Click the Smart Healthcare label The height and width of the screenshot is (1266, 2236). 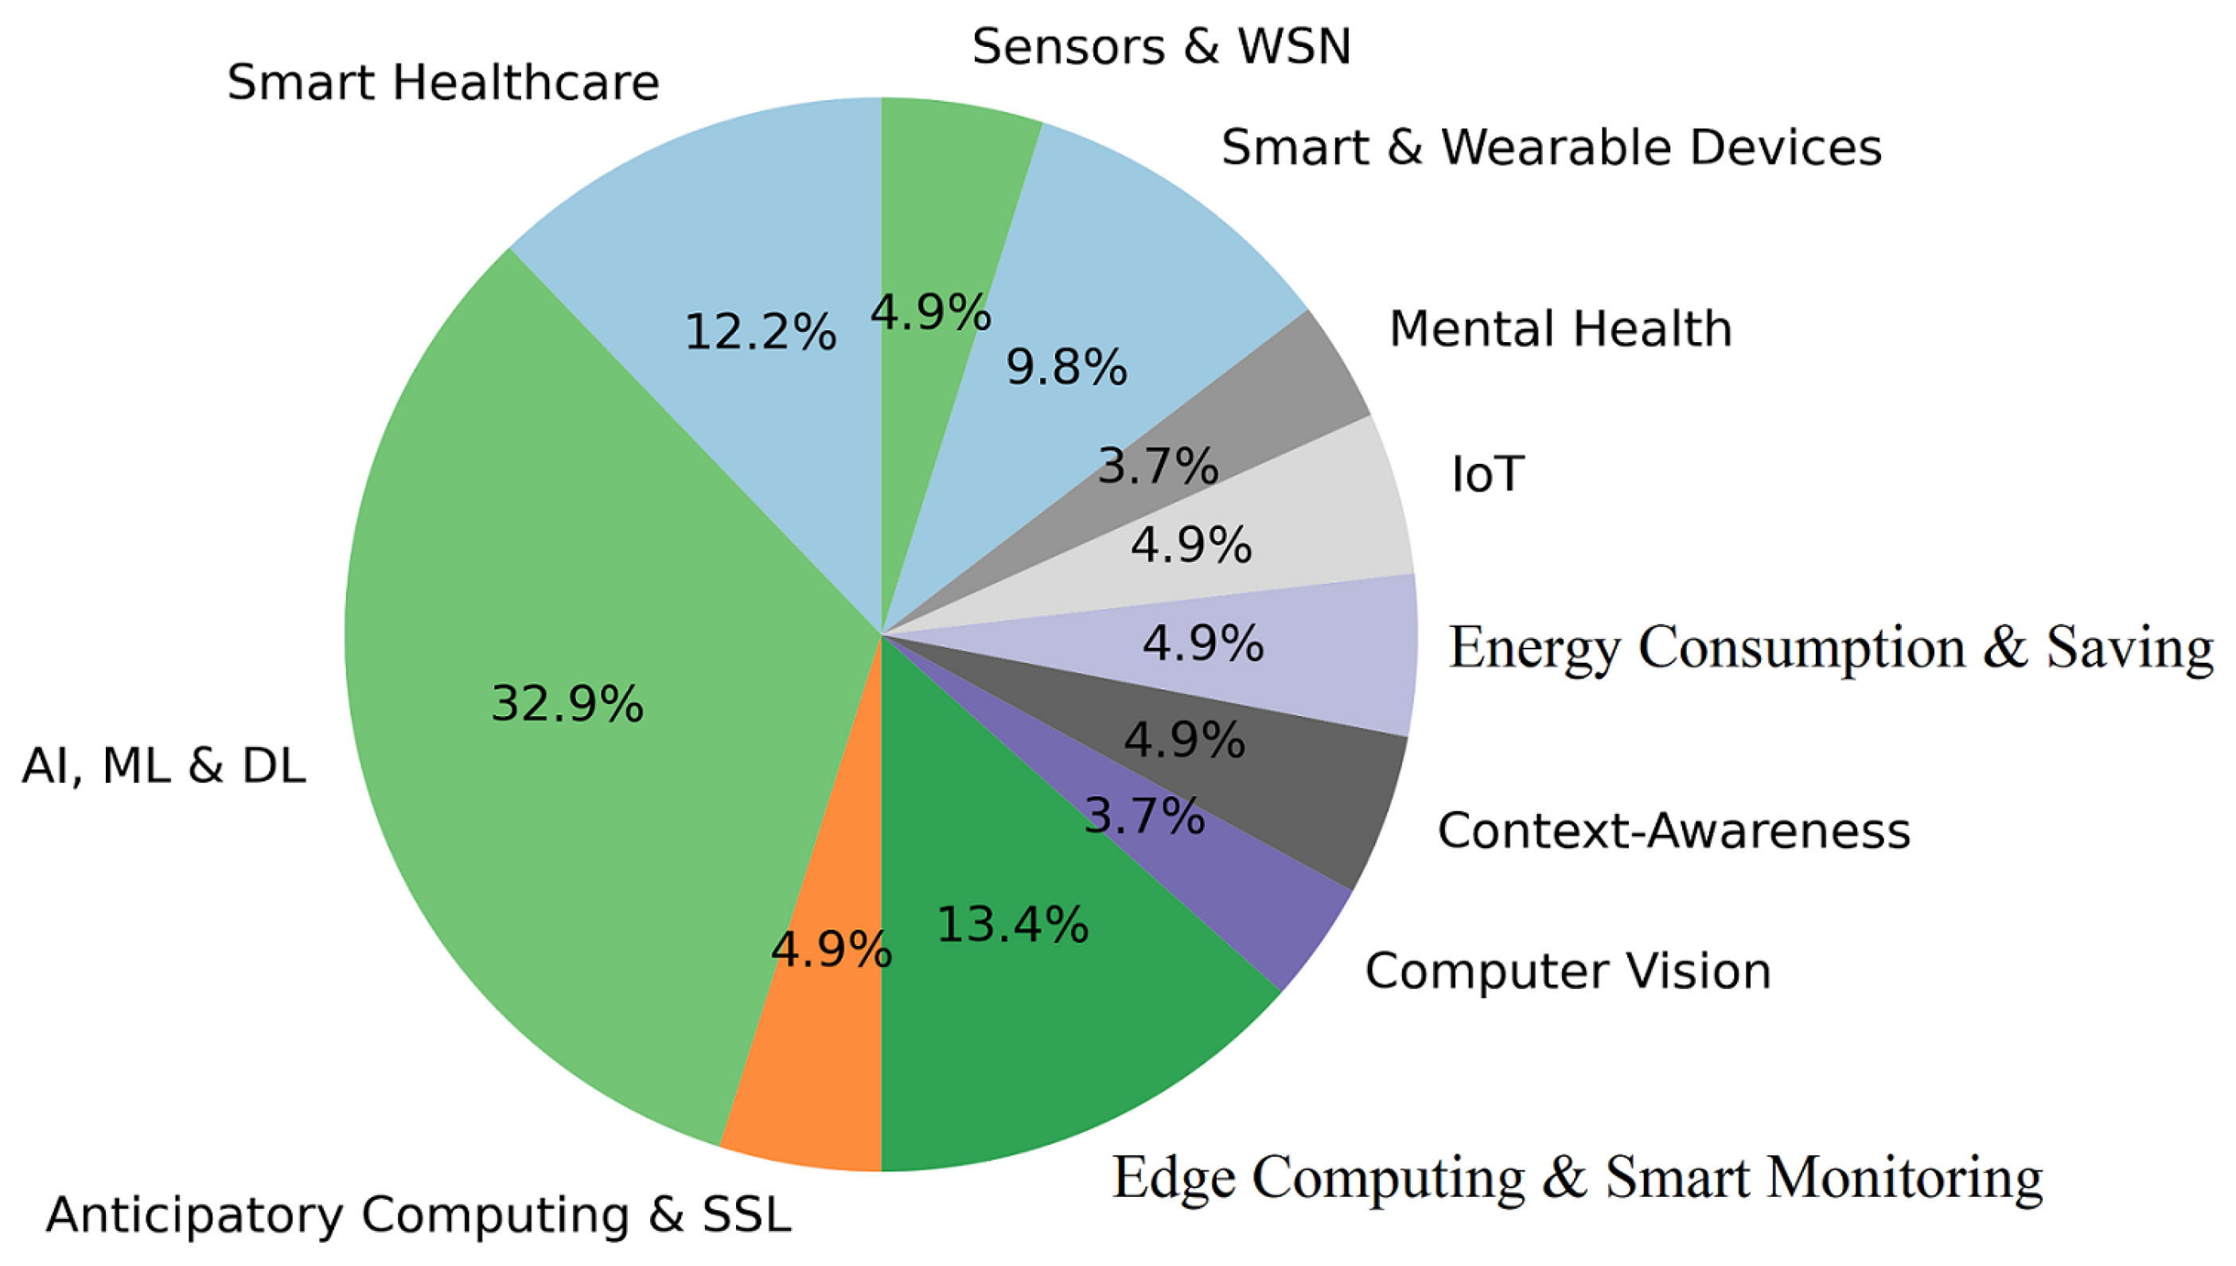[x=443, y=84]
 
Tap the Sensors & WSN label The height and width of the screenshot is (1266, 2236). [x=1162, y=47]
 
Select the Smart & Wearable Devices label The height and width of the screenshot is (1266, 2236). [x=1551, y=148]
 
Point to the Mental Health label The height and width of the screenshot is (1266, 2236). [x=1560, y=329]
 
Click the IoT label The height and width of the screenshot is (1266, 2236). [x=1487, y=475]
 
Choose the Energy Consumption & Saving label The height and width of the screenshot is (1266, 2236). [x=1831, y=649]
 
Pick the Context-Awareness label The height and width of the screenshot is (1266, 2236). [x=1673, y=832]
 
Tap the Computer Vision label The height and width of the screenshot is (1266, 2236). [x=1568, y=972]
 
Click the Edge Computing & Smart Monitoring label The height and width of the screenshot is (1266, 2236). [x=1577, y=1179]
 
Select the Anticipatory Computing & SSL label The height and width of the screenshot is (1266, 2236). [x=419, y=1216]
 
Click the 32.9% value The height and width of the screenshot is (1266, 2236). [x=567, y=704]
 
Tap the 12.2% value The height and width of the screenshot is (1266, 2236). [x=760, y=333]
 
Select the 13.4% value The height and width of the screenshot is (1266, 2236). [x=1012, y=925]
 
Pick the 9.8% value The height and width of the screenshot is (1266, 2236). [x=1065, y=368]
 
